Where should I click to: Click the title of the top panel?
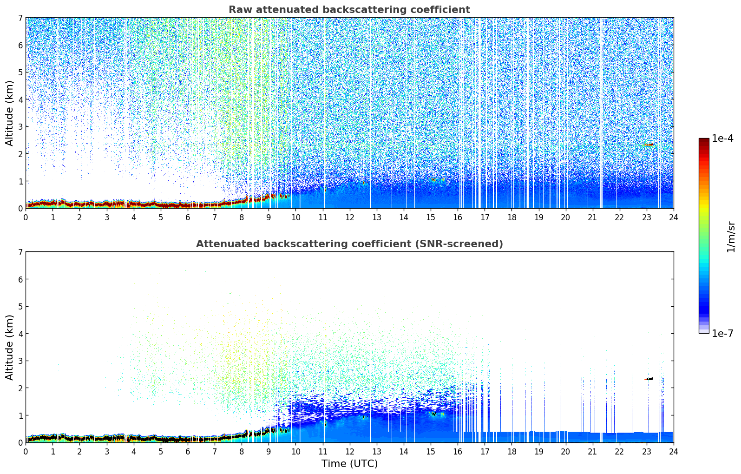click(x=349, y=10)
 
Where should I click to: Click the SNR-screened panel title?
click(x=349, y=244)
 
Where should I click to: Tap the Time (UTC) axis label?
click(x=349, y=463)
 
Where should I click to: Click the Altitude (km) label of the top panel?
click(x=9, y=113)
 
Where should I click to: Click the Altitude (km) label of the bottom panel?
click(x=9, y=347)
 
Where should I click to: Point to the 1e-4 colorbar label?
click(x=722, y=138)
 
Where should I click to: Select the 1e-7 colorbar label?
click(x=722, y=334)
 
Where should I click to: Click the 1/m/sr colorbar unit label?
click(x=731, y=237)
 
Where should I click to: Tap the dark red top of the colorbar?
click(x=703, y=141)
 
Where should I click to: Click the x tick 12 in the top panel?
click(x=349, y=217)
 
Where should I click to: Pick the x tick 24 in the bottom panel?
click(x=673, y=451)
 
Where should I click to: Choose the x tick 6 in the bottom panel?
click(x=188, y=451)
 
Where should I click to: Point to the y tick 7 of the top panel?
click(x=20, y=18)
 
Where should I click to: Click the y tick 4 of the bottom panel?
click(x=20, y=334)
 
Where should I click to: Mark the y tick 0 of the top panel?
click(x=20, y=209)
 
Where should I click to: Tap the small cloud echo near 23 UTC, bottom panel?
click(x=649, y=379)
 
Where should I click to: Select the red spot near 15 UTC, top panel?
click(x=433, y=179)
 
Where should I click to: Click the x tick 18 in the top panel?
click(x=511, y=217)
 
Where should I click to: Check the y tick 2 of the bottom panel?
click(x=20, y=388)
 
